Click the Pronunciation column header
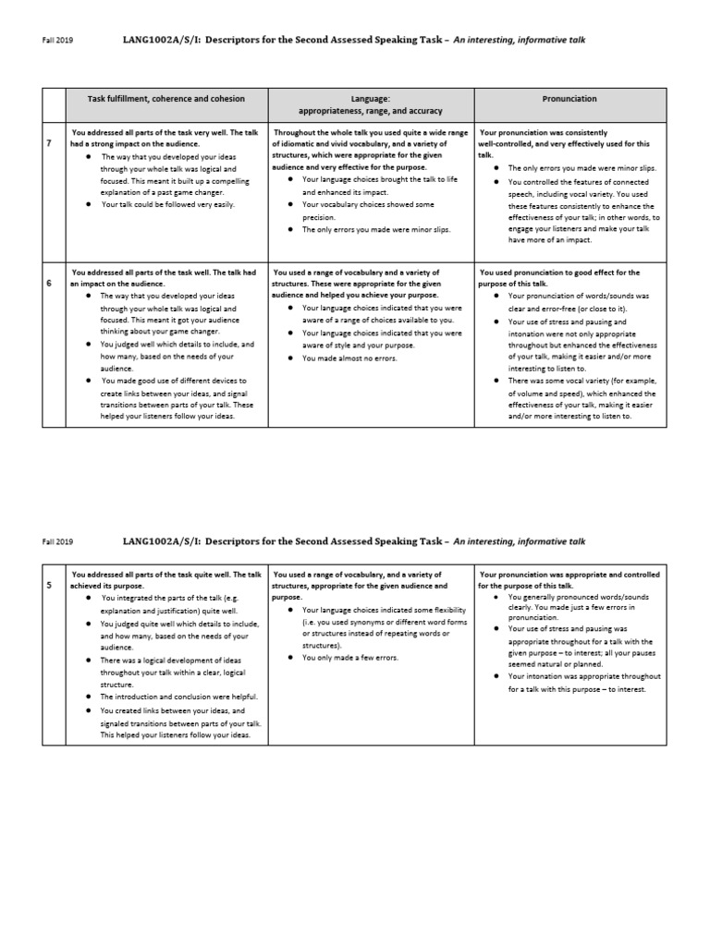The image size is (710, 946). pos(569,98)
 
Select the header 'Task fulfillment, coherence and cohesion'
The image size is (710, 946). pos(166,98)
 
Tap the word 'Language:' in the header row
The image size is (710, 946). pos(370,98)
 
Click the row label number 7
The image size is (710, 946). pos(48,144)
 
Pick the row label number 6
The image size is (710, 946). pos(48,284)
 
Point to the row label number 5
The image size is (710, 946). pos(48,585)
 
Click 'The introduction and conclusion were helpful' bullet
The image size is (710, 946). pos(178,696)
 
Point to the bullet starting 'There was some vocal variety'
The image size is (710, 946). pos(578,392)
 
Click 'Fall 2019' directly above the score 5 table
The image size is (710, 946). pos(58,541)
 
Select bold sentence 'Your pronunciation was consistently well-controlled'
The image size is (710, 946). pos(564,138)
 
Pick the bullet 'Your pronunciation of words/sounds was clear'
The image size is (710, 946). pos(578,301)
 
